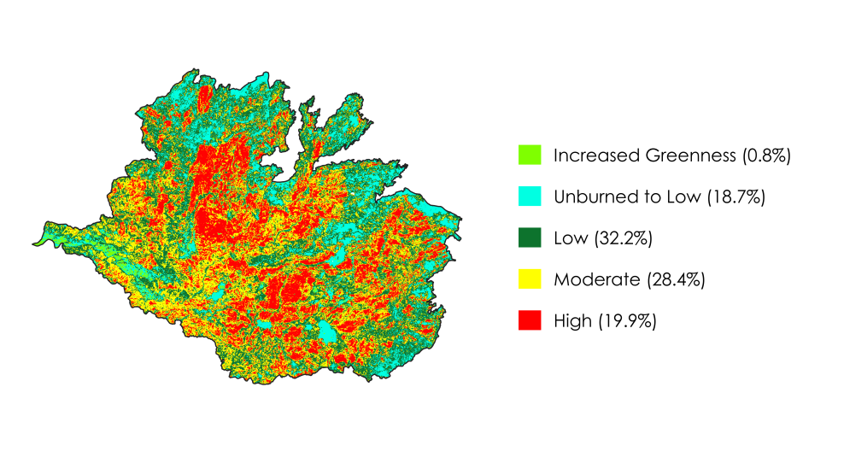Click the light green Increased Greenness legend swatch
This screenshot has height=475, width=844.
(530, 155)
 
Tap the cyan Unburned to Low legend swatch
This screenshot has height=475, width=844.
(530, 196)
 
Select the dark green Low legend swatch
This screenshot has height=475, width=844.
(530, 238)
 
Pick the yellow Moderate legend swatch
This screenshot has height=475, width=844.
(530, 279)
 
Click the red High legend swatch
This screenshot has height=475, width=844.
(530, 320)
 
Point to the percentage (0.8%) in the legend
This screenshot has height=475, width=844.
(766, 155)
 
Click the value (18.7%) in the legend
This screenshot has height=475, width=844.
(735, 196)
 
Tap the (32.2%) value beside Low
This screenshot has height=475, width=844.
(622, 238)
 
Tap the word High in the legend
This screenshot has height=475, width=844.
(572, 320)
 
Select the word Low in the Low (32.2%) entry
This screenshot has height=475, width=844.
(569, 238)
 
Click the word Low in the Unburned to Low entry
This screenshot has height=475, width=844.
(681, 196)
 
